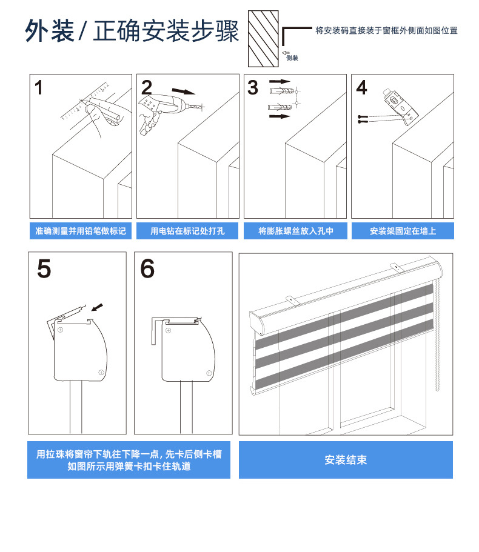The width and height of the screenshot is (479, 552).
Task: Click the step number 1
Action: click(x=39, y=87)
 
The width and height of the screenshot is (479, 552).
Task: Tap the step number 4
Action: click(x=361, y=87)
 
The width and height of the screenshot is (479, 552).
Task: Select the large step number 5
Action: click(x=44, y=268)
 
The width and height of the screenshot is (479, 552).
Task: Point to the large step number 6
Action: click(x=147, y=268)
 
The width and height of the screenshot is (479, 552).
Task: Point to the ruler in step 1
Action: click(x=84, y=101)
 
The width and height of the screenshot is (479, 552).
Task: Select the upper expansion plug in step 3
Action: click(x=281, y=91)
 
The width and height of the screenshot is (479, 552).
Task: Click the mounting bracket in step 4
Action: click(x=400, y=105)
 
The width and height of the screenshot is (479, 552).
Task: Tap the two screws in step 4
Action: click(x=363, y=119)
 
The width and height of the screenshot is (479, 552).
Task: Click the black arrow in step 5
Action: click(x=97, y=307)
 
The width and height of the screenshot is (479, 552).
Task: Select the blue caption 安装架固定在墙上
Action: click(x=403, y=231)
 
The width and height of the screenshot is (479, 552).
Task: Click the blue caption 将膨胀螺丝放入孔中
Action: click(x=295, y=231)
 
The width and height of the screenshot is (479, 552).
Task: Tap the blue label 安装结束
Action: click(x=346, y=460)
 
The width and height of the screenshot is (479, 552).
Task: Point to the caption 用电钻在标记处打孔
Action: click(x=187, y=231)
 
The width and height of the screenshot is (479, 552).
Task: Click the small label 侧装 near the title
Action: click(x=292, y=58)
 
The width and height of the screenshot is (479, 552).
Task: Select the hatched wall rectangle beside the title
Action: click(x=263, y=39)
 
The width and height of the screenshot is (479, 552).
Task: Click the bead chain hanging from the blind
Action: click(x=437, y=334)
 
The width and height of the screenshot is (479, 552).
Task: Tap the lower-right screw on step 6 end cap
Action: click(x=209, y=373)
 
